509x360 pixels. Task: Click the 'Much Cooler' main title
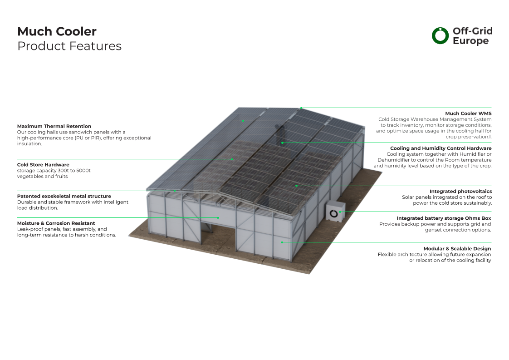pos(57,32)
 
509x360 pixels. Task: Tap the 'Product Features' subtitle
pos(69,46)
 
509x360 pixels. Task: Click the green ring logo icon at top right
pos(440,35)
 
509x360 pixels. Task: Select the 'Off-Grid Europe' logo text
pos(472,36)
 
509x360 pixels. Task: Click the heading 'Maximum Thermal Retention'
pos(54,126)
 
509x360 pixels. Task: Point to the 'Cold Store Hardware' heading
pos(43,165)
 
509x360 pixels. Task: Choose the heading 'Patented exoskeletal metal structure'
pos(64,196)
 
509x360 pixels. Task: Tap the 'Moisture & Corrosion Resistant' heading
pos(56,223)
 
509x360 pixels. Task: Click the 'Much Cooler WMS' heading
pos(468,113)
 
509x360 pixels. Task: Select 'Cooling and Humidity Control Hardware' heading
pos(440,148)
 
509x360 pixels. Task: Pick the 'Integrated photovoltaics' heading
pos(460,192)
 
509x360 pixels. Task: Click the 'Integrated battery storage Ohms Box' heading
pos(444,218)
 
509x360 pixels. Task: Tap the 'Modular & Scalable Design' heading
pos(457,249)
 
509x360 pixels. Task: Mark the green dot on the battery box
pos(340,212)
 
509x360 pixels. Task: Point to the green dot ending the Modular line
pos(282,242)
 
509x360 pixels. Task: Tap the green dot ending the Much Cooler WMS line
pos(301,108)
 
